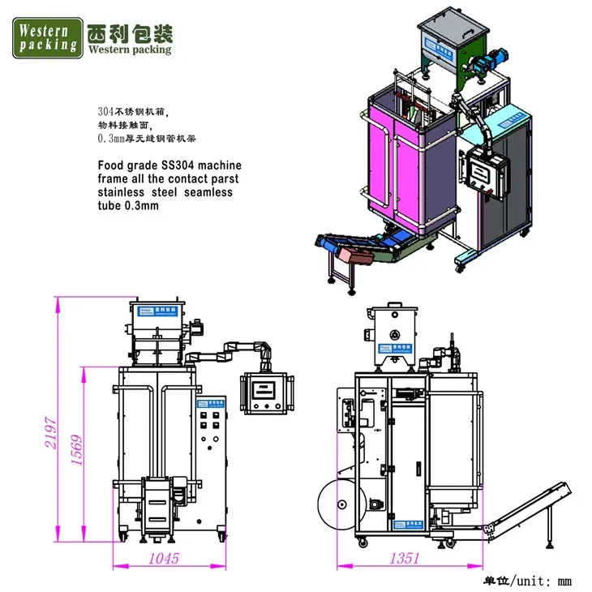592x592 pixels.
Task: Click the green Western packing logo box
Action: pyautogui.click(x=47, y=36)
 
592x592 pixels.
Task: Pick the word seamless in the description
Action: pyautogui.click(x=208, y=192)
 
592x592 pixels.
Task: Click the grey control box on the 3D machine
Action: pyautogui.click(x=485, y=175)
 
